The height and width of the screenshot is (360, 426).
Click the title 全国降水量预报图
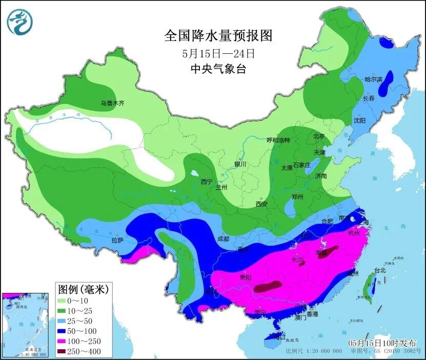217,36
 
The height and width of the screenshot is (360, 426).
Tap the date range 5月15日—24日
218,53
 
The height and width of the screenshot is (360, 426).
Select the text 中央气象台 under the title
218,69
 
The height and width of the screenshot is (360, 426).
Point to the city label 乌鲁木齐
112,103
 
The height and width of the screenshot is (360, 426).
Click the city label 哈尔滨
373,79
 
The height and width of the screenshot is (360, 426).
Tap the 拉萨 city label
117,240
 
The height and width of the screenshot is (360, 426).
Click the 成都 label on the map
222,238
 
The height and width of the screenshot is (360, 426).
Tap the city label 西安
261,204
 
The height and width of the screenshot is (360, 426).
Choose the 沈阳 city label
359,120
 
